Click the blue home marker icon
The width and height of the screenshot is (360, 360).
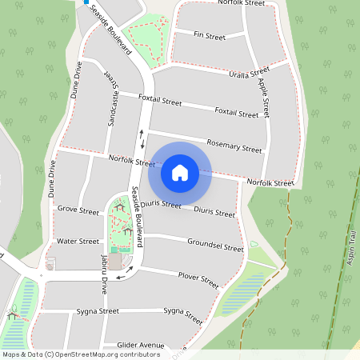tap(180, 172)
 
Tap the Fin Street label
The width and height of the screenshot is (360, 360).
tap(210, 36)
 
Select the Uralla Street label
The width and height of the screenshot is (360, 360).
tap(249, 74)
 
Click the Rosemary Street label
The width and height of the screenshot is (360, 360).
tap(234, 147)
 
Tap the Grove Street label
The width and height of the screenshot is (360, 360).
tap(78, 210)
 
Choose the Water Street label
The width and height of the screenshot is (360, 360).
tap(78, 241)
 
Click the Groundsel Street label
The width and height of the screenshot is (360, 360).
tap(215, 245)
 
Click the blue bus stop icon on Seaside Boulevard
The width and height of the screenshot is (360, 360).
tap(86, 2)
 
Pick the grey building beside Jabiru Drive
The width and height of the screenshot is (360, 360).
tap(115, 262)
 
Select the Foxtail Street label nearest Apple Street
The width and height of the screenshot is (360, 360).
tap(237, 113)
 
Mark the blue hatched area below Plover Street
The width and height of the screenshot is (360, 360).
tap(241, 293)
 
